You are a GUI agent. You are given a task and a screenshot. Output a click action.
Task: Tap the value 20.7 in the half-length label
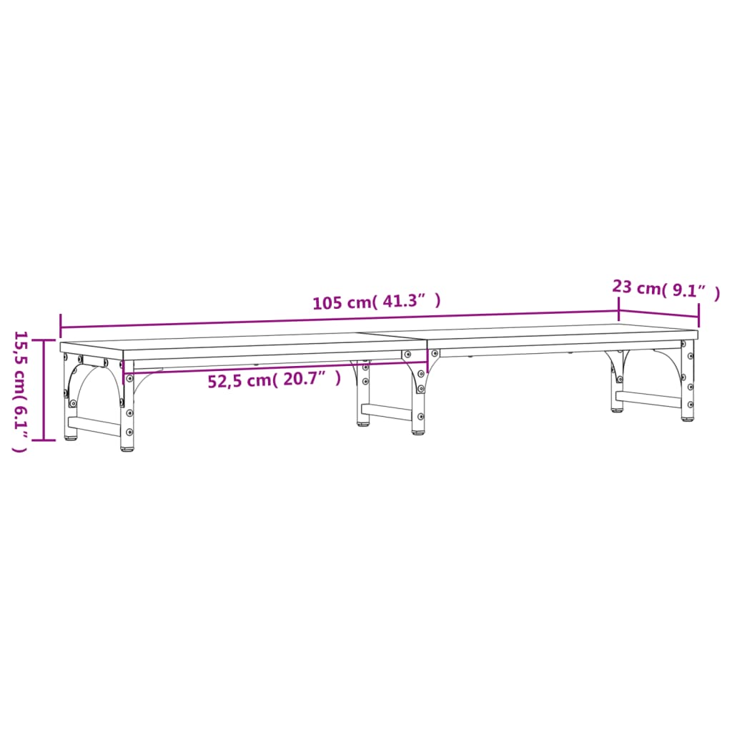(305, 380)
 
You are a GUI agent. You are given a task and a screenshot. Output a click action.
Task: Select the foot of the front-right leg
(687, 418)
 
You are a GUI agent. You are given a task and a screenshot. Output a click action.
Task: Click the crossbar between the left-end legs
(94, 427)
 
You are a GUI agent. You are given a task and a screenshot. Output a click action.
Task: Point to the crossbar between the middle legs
(387, 412)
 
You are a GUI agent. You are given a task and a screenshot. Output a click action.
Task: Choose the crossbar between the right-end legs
(649, 399)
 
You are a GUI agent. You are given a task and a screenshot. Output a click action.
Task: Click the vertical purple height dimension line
(44, 390)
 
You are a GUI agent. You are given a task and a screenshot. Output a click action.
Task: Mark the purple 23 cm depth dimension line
(658, 311)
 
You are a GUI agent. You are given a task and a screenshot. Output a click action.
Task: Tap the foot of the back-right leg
(616, 410)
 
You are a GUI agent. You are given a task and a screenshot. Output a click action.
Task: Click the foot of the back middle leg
(364, 423)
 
